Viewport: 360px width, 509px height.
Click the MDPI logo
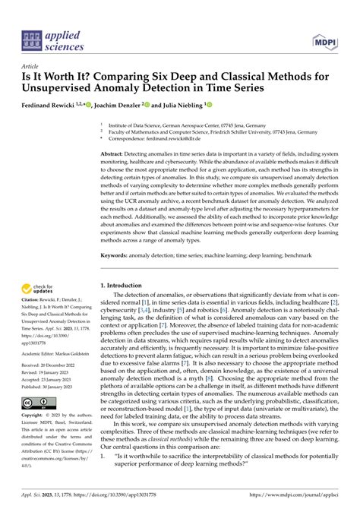coord(326,37)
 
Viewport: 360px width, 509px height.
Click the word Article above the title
coord(29,66)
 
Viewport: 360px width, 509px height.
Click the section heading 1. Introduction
coord(124,286)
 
